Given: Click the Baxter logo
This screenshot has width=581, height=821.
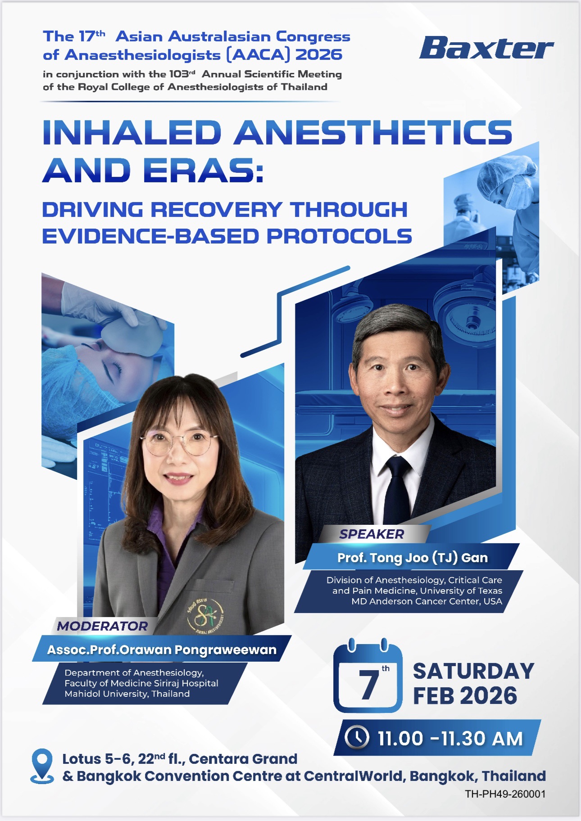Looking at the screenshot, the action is [486, 48].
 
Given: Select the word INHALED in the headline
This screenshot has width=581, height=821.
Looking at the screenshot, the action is [132, 132].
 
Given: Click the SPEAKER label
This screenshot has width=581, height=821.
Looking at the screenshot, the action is [372, 534].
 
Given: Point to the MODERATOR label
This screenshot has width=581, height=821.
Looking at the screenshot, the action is [102, 626].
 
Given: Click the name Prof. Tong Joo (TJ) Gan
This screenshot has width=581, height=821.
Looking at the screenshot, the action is [413, 558].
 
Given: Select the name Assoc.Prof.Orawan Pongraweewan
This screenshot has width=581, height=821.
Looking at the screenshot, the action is [162, 650].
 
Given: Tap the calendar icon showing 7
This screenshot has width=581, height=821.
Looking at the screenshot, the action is [368, 675].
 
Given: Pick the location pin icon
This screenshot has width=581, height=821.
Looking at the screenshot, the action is [42, 766].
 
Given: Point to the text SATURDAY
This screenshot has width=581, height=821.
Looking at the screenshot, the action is [474, 671].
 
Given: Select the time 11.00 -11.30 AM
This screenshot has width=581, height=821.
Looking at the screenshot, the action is [450, 738].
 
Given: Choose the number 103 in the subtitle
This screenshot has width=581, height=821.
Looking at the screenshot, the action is [179, 74].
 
